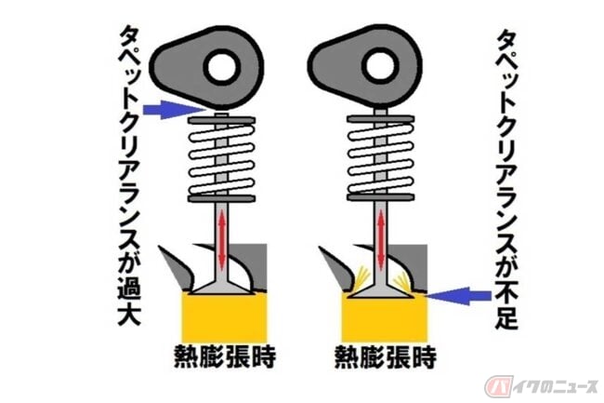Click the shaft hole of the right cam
click(x=381, y=65)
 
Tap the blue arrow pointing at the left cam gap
click(x=175, y=110)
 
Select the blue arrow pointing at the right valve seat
click(x=459, y=296)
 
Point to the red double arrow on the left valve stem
click(x=221, y=242)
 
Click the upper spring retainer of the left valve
click(x=221, y=121)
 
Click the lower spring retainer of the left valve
click(x=221, y=198)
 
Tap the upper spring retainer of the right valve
click(x=381, y=119)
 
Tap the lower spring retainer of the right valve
click(x=381, y=197)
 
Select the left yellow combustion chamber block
click(x=224, y=317)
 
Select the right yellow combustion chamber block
click(x=384, y=317)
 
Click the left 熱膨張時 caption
click(x=226, y=356)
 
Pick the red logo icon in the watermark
click(x=499, y=386)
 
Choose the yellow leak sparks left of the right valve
click(x=362, y=275)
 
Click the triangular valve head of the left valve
click(x=221, y=287)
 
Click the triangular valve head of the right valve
click(x=381, y=289)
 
